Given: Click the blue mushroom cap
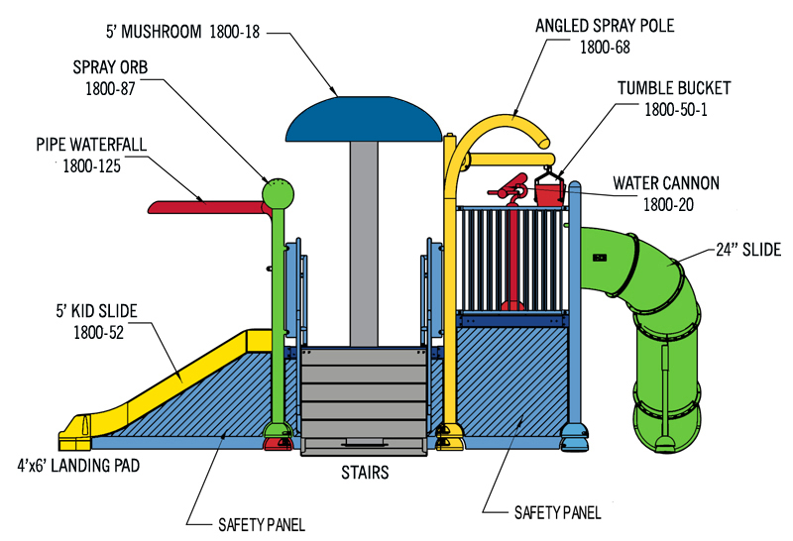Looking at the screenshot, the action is click(x=363, y=119).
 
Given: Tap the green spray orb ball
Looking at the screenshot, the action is click(x=278, y=193).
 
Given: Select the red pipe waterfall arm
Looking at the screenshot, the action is click(x=207, y=207).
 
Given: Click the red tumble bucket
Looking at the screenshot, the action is click(x=549, y=194).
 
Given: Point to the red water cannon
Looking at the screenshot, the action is click(x=510, y=190).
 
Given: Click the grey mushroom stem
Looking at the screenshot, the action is click(x=364, y=244).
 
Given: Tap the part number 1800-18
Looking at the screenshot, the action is click(x=234, y=32).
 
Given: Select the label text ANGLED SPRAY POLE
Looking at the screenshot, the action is click(x=605, y=26).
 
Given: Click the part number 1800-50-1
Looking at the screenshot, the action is click(x=676, y=109).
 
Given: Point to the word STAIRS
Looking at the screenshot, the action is click(x=365, y=473).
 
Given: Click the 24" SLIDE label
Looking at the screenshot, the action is click(x=748, y=250).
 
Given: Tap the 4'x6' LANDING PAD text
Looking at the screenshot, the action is click(x=78, y=465).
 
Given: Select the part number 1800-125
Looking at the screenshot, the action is click(x=91, y=165).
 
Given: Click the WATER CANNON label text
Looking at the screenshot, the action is click(x=666, y=183).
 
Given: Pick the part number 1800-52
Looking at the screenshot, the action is click(x=98, y=332).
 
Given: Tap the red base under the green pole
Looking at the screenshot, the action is click(x=278, y=444).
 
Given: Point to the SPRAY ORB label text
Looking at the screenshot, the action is click(x=110, y=67).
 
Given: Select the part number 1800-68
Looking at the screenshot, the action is click(x=605, y=48).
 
